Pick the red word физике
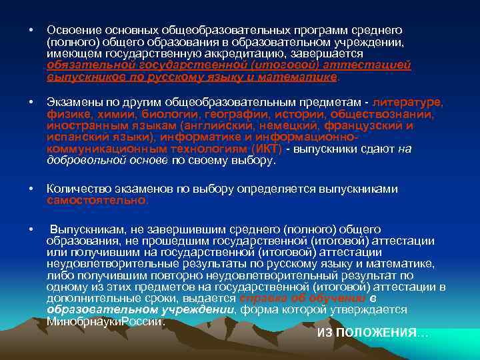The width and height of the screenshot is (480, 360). pos(68,113)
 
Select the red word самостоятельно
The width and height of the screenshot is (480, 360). pos(97,200)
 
